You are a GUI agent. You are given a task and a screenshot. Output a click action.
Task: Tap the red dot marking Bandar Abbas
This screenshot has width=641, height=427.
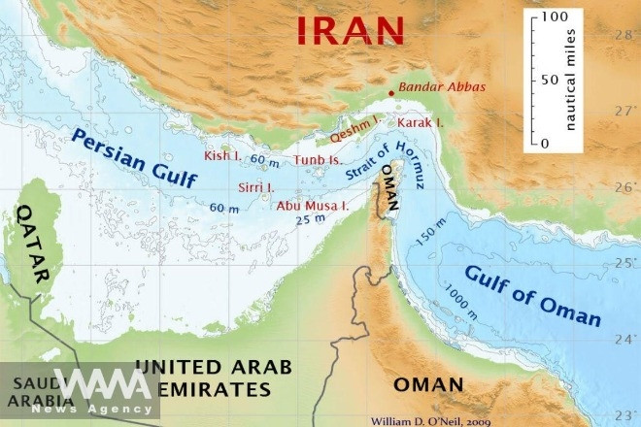391,93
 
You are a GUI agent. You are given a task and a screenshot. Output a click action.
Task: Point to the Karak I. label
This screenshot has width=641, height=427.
419,123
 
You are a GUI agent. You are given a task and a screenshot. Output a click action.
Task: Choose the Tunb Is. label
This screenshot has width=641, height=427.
319,159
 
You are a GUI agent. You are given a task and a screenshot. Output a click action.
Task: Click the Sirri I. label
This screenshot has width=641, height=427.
257,186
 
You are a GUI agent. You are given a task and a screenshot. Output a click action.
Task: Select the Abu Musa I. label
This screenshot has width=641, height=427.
314,206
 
